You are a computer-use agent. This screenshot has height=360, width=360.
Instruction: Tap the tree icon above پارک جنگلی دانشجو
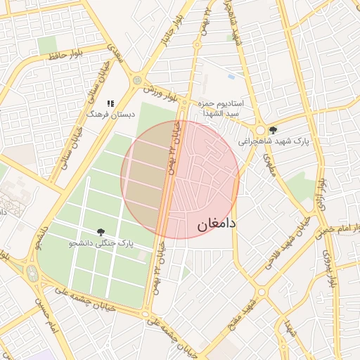pyautogui.click(x=101, y=232)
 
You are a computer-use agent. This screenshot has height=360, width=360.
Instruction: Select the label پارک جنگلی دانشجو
pyautogui.click(x=100, y=243)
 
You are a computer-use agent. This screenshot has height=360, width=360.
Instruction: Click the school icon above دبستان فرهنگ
pyautogui.click(x=110, y=103)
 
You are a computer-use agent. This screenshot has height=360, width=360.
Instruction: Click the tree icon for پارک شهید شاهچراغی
pyautogui.click(x=273, y=130)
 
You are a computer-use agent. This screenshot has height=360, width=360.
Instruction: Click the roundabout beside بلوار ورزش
pyautogui.click(x=136, y=80)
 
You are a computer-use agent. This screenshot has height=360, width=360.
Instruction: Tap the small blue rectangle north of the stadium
pyautogui.click(x=231, y=76)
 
